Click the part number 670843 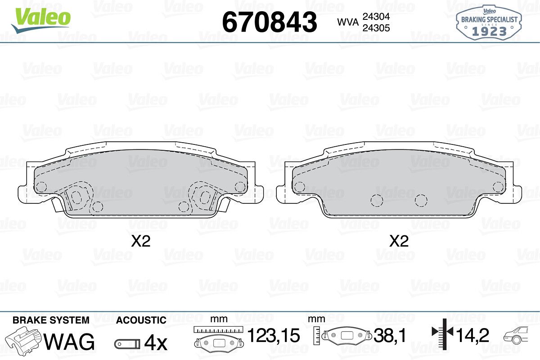(x=270, y=22)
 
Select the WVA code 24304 (x=376, y=16)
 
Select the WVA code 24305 (x=376, y=28)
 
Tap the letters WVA (x=348, y=22)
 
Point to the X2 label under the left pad (x=141, y=241)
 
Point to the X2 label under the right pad (x=399, y=241)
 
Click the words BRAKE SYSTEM (x=51, y=320)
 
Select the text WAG (x=69, y=342)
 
